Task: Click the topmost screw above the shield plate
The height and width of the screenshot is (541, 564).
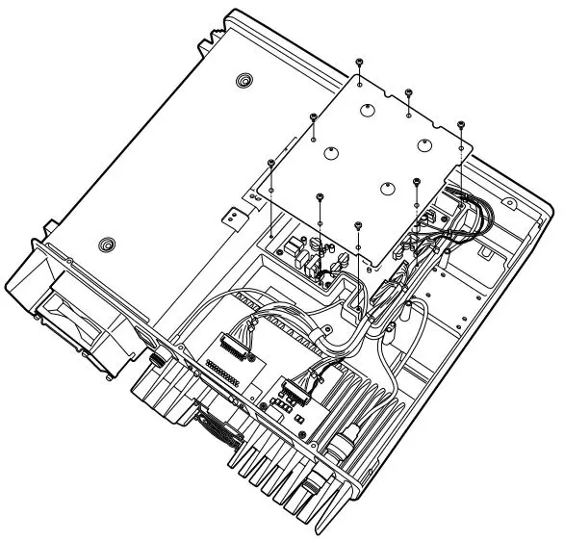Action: [x=358, y=61]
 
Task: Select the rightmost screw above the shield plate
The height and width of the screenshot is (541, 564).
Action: [x=461, y=124]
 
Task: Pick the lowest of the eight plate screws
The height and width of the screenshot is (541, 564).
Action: [x=358, y=224]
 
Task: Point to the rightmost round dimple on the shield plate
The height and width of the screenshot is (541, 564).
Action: [x=424, y=146]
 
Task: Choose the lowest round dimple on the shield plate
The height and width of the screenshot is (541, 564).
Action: [x=387, y=189]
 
